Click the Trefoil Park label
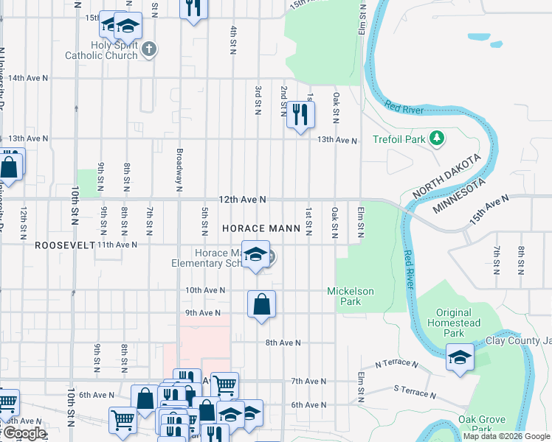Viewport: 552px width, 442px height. point(399,138)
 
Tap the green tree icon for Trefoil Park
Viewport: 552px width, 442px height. point(436,138)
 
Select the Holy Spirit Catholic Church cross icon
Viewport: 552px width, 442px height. point(150,50)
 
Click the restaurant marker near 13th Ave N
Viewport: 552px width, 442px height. point(300,115)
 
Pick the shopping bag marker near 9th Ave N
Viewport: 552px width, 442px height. point(262,304)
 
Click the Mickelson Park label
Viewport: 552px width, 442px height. point(351,297)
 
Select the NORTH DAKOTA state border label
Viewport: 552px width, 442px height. point(447,176)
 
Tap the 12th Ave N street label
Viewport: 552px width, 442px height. point(241,200)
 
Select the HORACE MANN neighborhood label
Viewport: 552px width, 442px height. point(261,229)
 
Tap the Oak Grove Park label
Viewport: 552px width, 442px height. point(481,424)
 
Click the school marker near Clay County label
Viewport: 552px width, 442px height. point(460,359)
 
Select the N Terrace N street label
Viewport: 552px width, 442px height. point(396,364)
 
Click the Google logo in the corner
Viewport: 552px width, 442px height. point(24,433)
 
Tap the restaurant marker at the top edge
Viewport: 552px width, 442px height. point(193,9)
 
